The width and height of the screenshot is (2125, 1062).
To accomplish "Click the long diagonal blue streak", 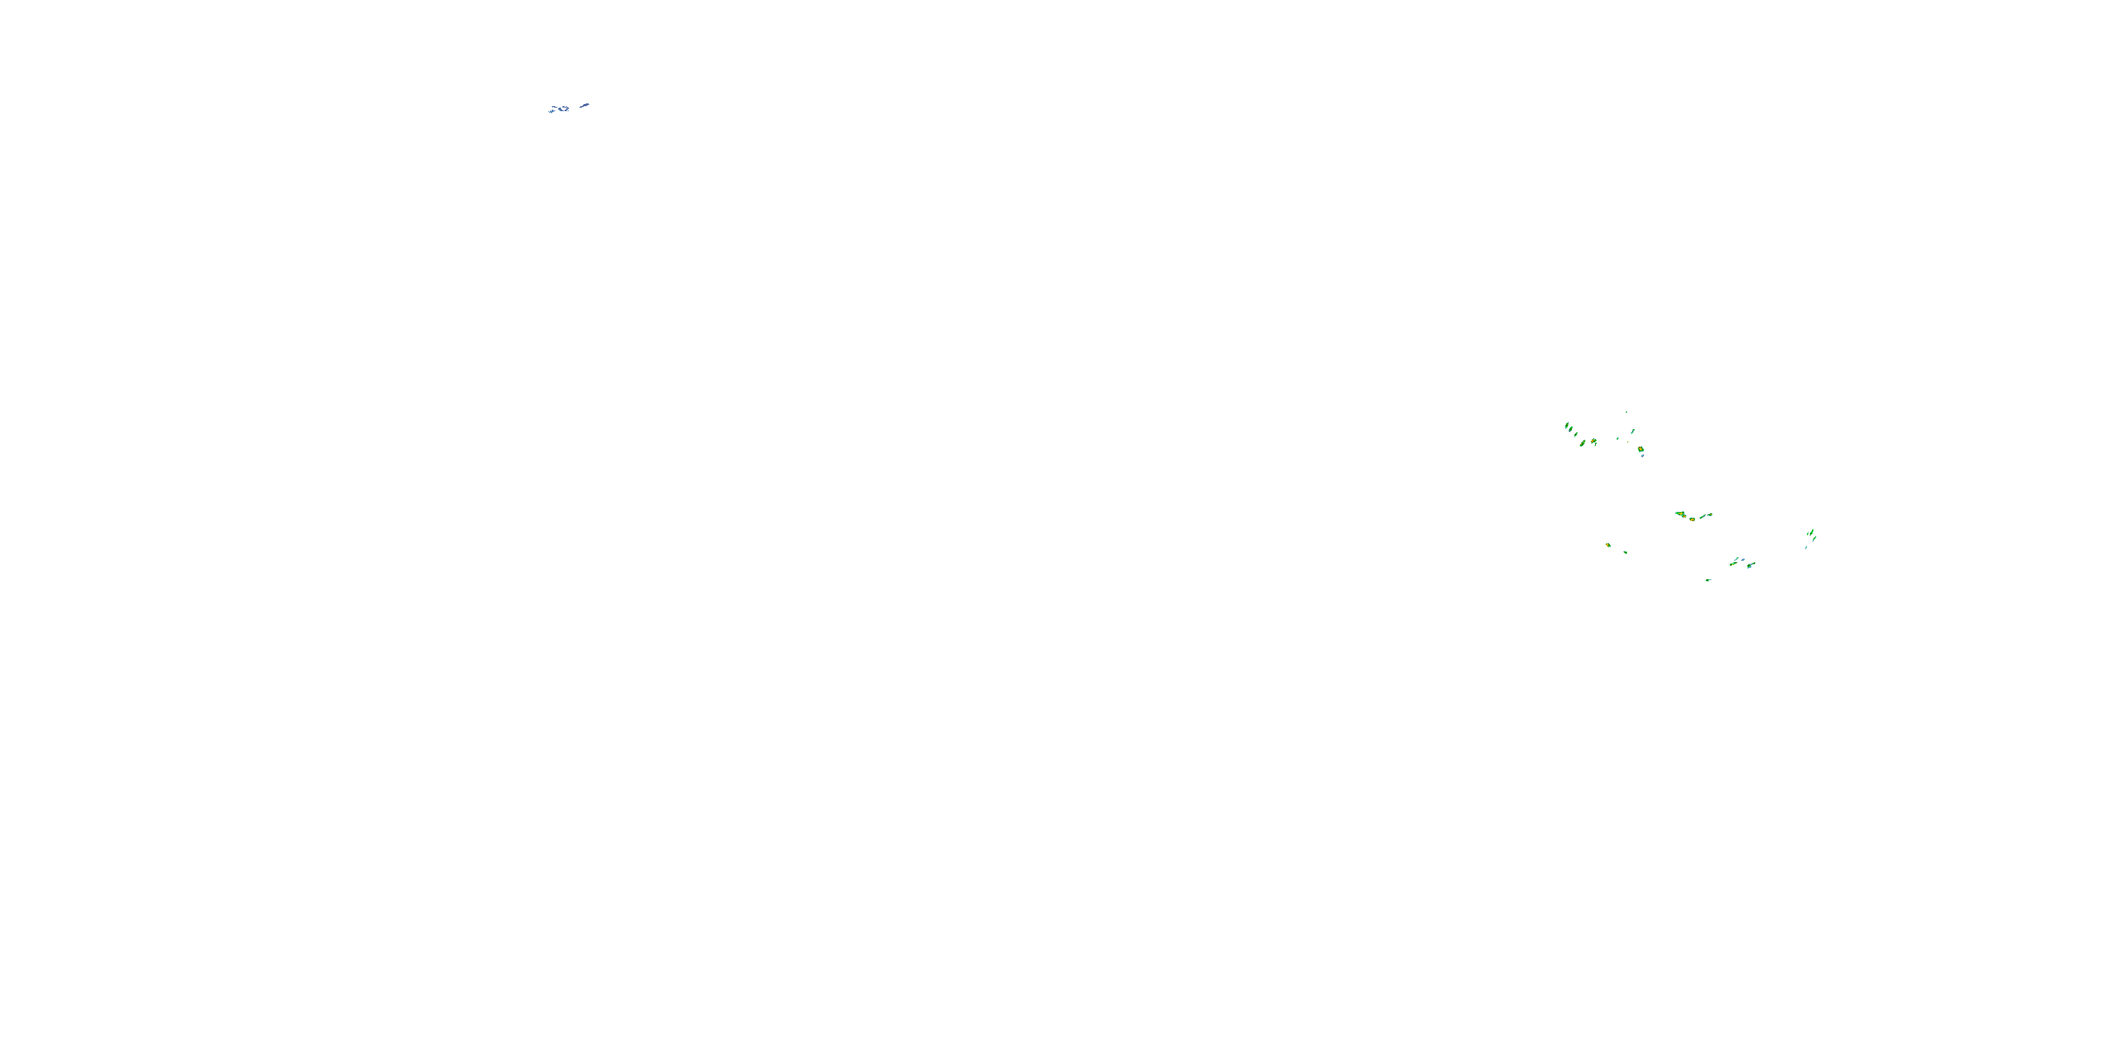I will [x=585, y=105].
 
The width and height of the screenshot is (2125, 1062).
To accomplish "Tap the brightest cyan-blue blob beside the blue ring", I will [x=552, y=112].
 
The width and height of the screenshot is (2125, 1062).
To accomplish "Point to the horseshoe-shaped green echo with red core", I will [x=1594, y=442].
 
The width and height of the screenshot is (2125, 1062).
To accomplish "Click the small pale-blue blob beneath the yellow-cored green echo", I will [x=1643, y=457].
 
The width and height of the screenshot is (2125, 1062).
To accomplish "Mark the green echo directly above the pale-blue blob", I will [x=1642, y=450].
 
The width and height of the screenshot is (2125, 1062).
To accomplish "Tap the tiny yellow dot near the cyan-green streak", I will [x=1628, y=442].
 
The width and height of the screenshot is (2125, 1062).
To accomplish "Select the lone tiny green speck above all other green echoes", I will [x=1627, y=412].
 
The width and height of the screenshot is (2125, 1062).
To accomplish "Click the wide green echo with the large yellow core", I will [x=1680, y=514].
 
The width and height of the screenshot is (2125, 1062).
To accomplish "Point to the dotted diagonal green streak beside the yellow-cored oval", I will [x=1703, y=517].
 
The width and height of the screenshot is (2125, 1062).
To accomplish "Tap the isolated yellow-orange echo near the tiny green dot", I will [x=1609, y=546].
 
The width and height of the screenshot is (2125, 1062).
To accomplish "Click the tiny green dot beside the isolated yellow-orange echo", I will [x=1626, y=552].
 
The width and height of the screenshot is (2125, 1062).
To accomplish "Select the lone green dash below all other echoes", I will [x=1708, y=581].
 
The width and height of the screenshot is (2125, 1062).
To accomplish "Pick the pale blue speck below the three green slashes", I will [x=1806, y=547].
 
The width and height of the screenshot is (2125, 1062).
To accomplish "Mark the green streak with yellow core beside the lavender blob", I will [x=1734, y=565].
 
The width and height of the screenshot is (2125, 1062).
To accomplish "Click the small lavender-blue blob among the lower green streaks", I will [x=1743, y=560].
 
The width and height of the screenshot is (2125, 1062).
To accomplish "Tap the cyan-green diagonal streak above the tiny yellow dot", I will [x=1633, y=432].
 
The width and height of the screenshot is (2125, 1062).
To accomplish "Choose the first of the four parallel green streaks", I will [x=1568, y=426].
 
